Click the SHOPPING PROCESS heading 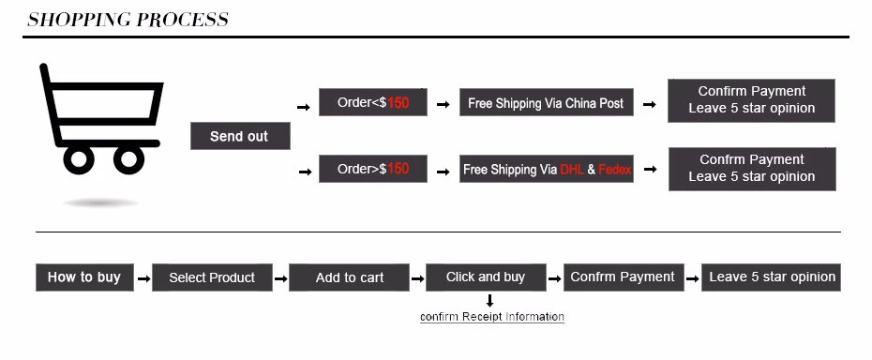coord(128,20)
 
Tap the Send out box coord(240,136)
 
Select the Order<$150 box coord(373,102)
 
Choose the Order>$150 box coord(373,169)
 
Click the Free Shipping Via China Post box coord(546,103)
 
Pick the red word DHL coord(572,170)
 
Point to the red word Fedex coord(615,170)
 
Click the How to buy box coord(84,277)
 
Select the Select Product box coord(212,277)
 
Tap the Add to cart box coord(350,277)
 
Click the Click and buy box coord(486,277)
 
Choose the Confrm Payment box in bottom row coord(623,277)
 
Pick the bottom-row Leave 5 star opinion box coord(772,277)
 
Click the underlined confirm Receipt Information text coord(492,317)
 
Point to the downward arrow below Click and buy coord(489,300)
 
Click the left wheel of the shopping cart coord(79,159)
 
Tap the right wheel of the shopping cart coord(128,159)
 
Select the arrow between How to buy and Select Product coord(143,278)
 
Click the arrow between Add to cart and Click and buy coord(417,278)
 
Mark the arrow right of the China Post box coord(650,105)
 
